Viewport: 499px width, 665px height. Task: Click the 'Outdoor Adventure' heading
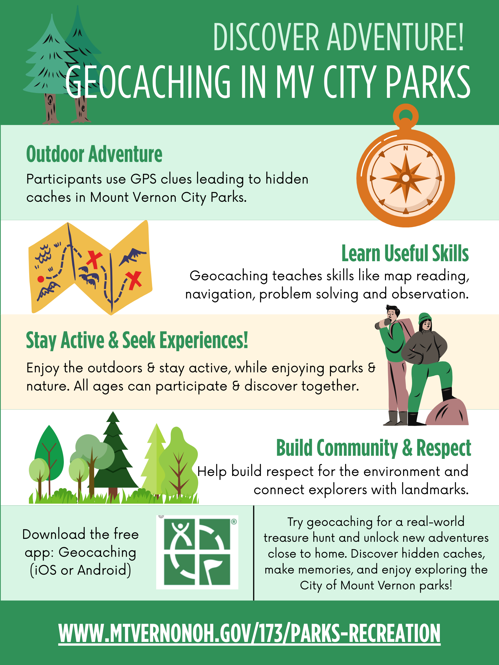pyautogui.click(x=94, y=154)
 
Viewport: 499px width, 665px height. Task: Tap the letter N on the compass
pyautogui.click(x=405, y=148)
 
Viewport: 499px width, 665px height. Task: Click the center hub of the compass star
pyautogui.click(x=405, y=178)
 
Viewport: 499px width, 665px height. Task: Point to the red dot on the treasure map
pyautogui.click(x=41, y=279)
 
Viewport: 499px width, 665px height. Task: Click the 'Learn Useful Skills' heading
pyautogui.click(x=405, y=253)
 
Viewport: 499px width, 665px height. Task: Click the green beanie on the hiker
pyautogui.click(x=425, y=318)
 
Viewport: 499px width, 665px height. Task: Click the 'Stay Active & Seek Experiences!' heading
pyautogui.click(x=137, y=341)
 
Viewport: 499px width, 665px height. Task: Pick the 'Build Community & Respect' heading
pyautogui.click(x=374, y=448)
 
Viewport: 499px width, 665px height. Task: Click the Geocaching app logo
pyautogui.click(x=197, y=552)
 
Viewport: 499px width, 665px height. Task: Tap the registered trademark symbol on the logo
pyautogui.click(x=234, y=522)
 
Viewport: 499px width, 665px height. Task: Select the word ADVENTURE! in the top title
pyautogui.click(x=395, y=37)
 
